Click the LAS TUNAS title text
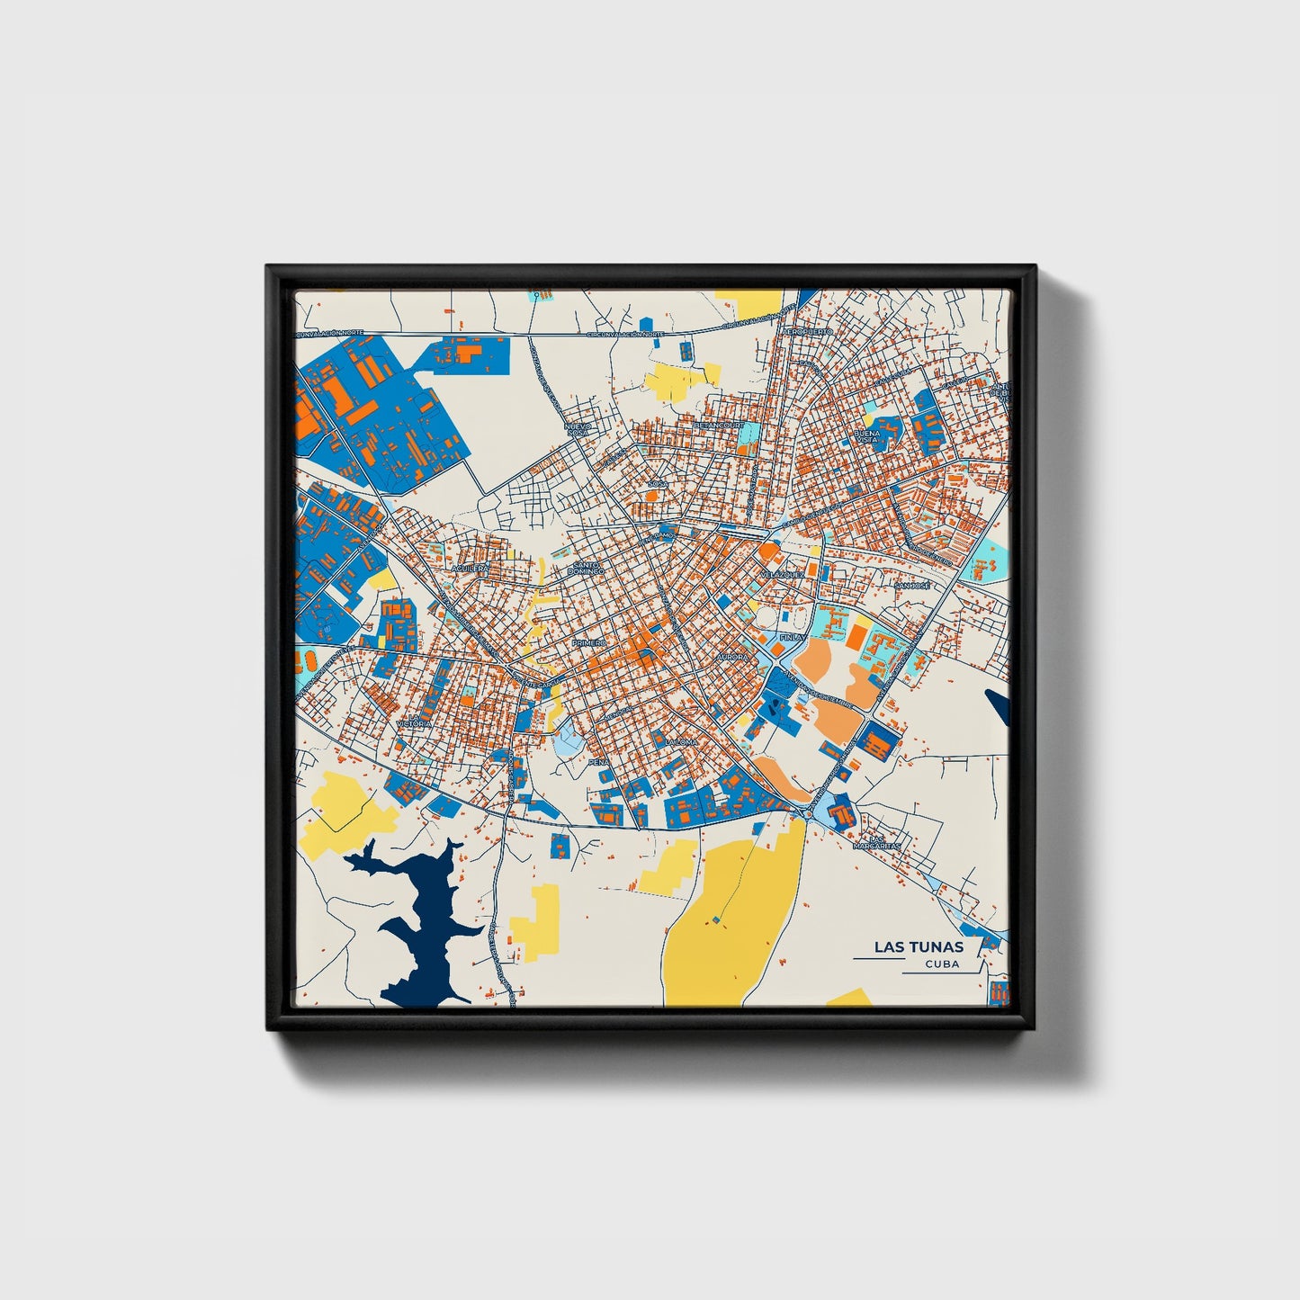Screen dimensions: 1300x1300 pos(918,946)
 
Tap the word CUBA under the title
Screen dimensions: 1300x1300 pos(941,964)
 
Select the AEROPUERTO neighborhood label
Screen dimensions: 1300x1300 pos(809,332)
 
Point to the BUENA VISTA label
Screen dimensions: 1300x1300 pos(867,437)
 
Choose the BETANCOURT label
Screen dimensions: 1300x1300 pos(720,425)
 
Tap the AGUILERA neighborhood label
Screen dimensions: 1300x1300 pos(469,569)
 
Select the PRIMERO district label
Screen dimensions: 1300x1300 pos(589,642)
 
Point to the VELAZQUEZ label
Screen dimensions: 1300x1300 pos(782,574)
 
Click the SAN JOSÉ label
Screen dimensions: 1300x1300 pos(911,586)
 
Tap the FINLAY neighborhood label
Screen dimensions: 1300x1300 pos(793,636)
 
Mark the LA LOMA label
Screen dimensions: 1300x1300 pos(681,742)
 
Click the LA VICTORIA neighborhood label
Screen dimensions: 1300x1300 pos(414,723)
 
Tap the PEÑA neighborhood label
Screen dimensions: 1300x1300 pos(598,762)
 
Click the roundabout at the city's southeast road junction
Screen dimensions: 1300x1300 pos(809,813)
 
